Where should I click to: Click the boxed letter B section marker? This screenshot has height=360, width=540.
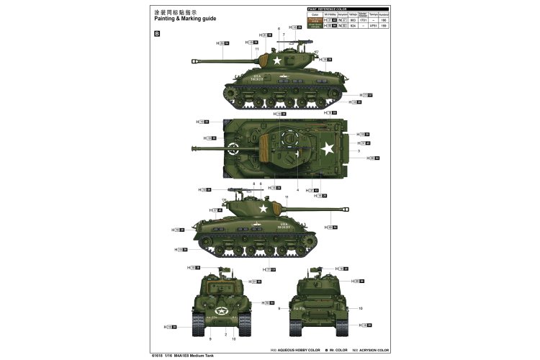point(157,33)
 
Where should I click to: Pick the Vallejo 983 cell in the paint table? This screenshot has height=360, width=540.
point(352,19)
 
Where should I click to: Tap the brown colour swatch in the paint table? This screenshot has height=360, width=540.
point(314,19)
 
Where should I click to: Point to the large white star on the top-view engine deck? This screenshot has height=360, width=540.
point(326,149)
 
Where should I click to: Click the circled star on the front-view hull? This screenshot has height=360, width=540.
point(214,311)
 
